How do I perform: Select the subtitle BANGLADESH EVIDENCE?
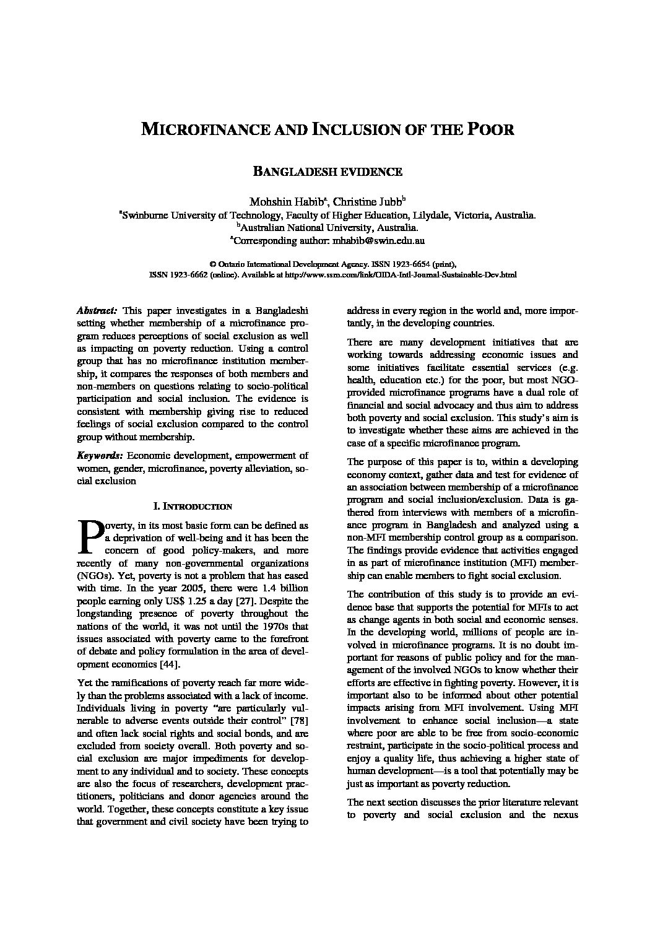(328, 172)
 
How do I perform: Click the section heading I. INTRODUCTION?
(192, 506)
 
